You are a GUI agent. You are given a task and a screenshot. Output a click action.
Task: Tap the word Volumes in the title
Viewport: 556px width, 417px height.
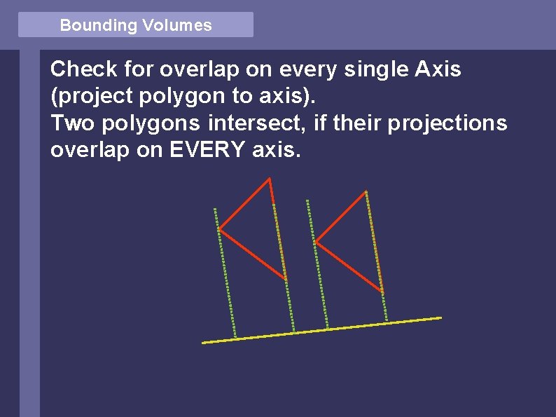pyautogui.click(x=176, y=25)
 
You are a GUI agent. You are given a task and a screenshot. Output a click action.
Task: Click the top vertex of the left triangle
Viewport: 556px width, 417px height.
pyautogui.click(x=270, y=179)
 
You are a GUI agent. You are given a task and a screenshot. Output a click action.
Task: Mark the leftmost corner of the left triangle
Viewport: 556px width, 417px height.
pyautogui.click(x=220, y=228)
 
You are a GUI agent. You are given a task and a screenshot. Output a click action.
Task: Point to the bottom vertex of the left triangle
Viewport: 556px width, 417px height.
pyautogui.click(x=286, y=280)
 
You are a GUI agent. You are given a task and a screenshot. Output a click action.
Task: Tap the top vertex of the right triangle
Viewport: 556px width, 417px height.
pyautogui.click(x=366, y=191)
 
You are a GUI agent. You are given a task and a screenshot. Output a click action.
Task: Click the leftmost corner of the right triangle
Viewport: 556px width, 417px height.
pyautogui.click(x=316, y=242)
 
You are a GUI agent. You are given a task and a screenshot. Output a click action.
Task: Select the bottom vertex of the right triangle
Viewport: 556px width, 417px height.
pyautogui.click(x=382, y=291)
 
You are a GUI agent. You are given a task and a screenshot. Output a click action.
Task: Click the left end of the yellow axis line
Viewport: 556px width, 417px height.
pyautogui.click(x=203, y=343)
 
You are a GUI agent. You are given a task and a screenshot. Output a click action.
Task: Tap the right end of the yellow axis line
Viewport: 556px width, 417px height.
pyautogui.click(x=441, y=317)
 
